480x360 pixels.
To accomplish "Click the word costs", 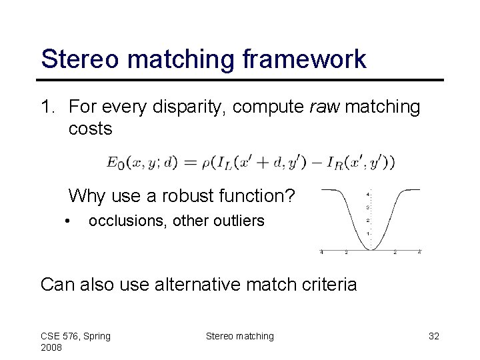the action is pyautogui.click(x=91, y=129).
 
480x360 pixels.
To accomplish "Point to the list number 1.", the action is pyautogui.click(x=49, y=107).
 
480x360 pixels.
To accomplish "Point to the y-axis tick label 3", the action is pyautogui.click(x=368, y=207).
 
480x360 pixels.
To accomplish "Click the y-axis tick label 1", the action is pyautogui.click(x=368, y=234).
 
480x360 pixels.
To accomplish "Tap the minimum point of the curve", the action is pyautogui.click(x=371, y=249).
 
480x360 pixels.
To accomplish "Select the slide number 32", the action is pyautogui.click(x=433, y=336).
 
